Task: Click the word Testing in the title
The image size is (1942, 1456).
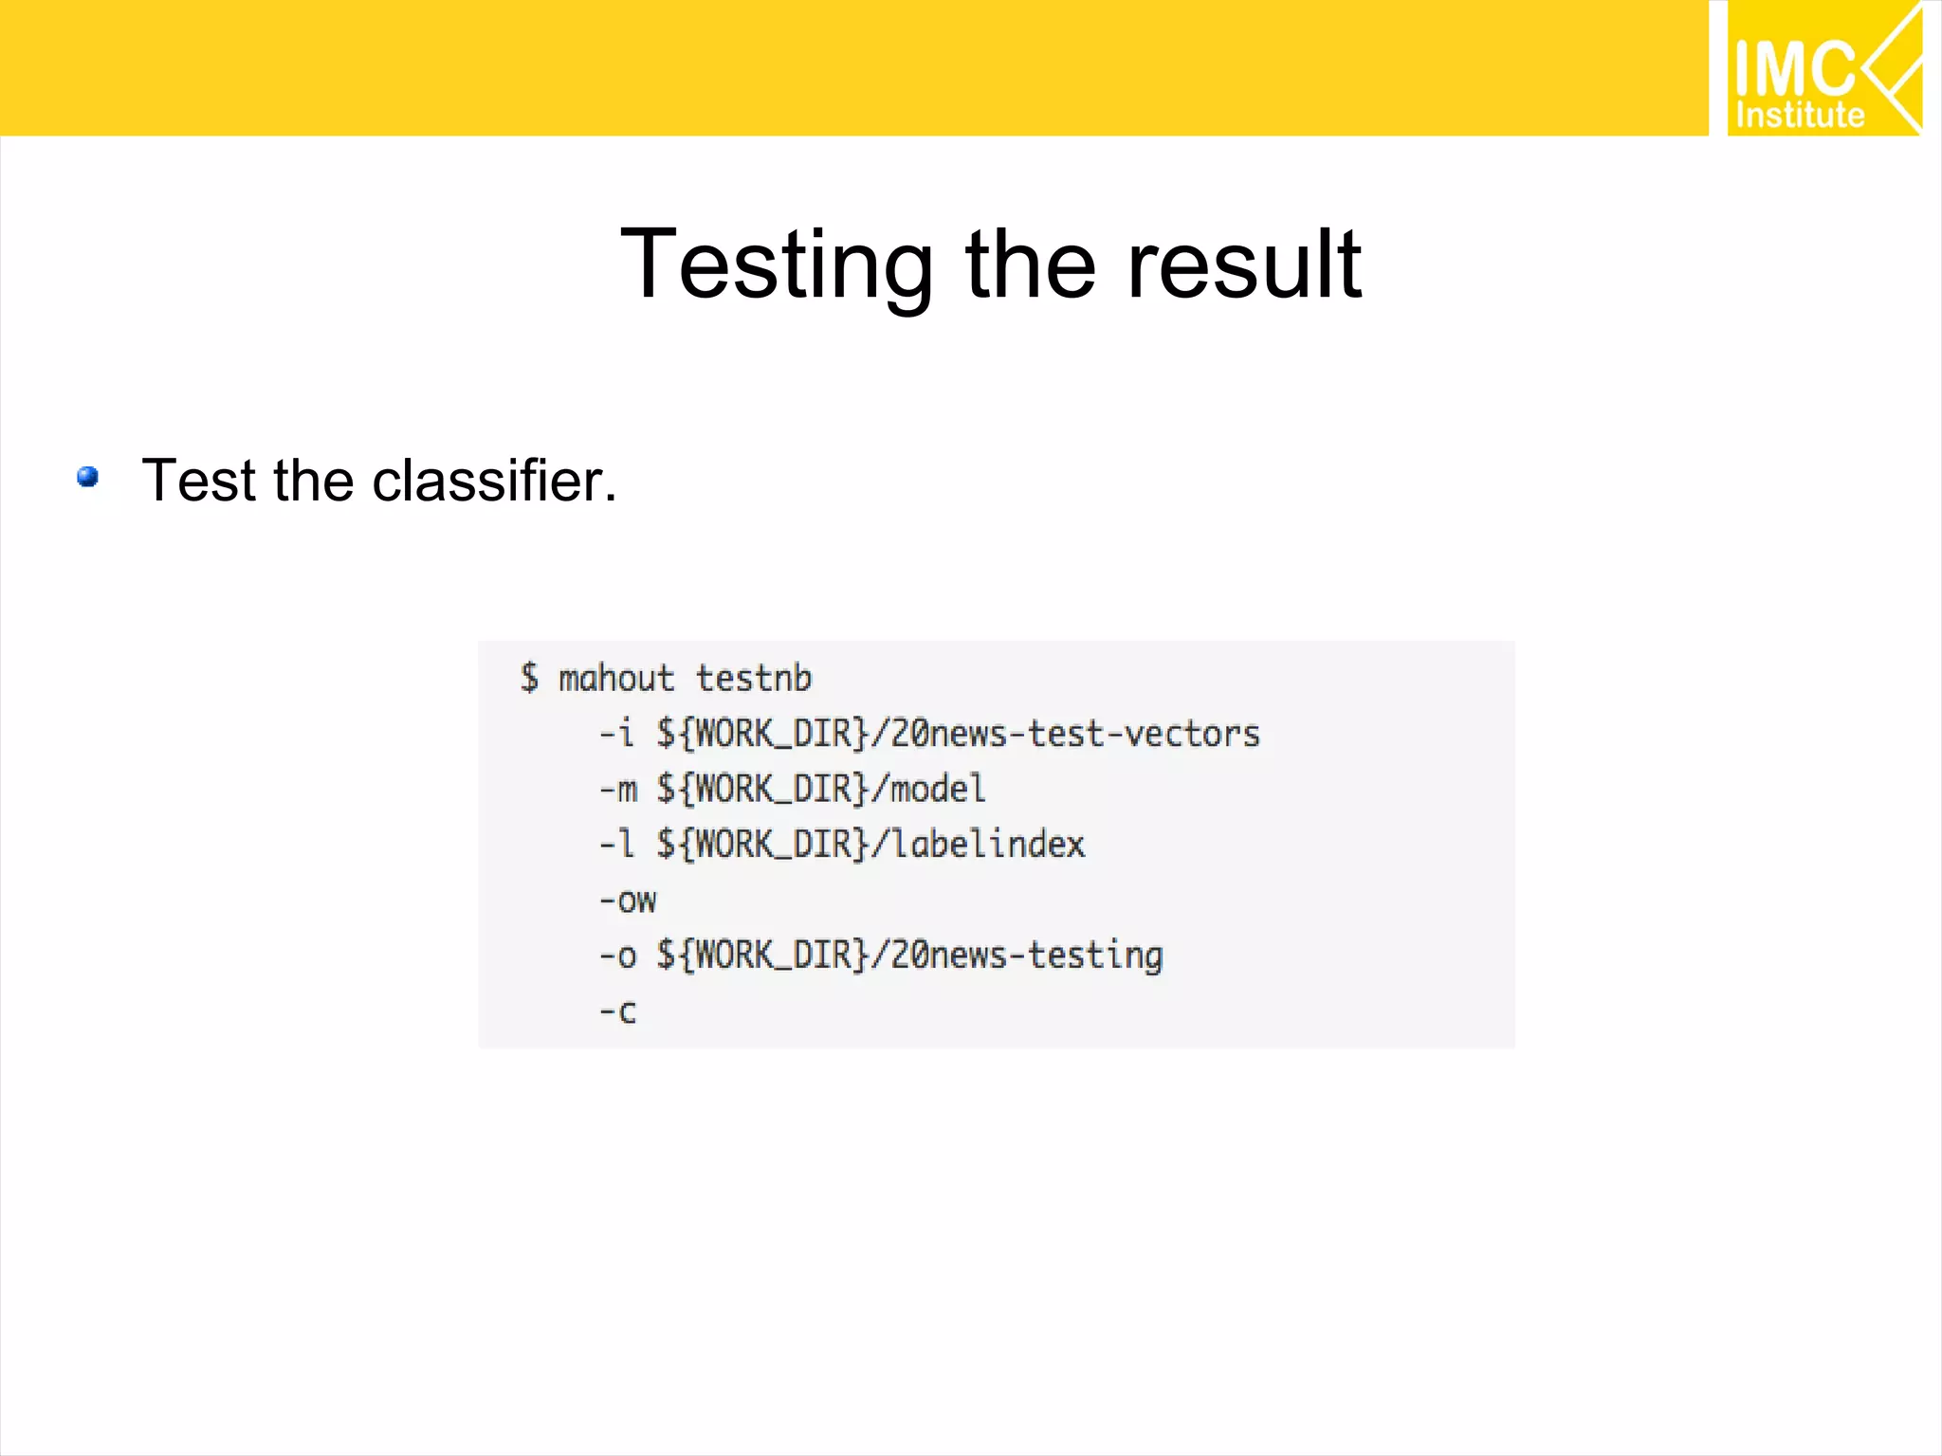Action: [777, 265]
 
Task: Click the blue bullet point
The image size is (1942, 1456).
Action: [88, 476]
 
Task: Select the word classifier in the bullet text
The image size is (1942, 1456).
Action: [494, 480]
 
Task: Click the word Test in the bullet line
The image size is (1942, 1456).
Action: [199, 480]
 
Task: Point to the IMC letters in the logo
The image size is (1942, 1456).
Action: [1793, 68]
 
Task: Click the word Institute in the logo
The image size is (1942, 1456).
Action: [1800, 116]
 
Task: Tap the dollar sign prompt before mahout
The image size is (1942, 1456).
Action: [529, 679]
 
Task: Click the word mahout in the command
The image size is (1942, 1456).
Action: [616, 679]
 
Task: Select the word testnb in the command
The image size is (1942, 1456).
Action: [754, 679]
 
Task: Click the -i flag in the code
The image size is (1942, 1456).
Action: [616, 734]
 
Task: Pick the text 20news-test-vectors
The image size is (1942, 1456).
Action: [1075, 734]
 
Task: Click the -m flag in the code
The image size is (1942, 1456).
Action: [618, 789]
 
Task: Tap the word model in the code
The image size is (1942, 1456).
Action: [938, 789]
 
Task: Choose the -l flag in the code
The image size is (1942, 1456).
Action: [616, 844]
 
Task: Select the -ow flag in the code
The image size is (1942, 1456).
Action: [627, 900]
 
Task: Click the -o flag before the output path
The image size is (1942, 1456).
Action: [617, 955]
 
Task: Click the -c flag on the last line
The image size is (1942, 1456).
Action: [617, 1011]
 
